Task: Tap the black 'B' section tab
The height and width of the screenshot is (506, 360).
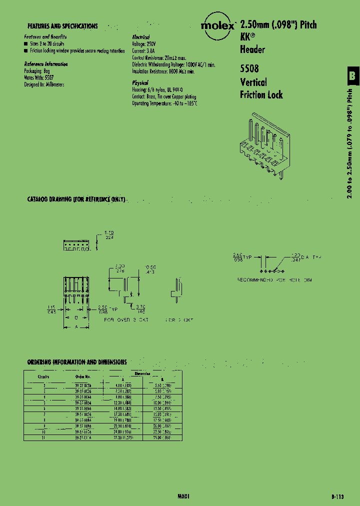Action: click(x=352, y=76)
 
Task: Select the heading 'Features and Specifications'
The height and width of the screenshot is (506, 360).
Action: click(x=62, y=26)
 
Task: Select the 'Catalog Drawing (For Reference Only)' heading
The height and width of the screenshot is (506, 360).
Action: click(x=75, y=199)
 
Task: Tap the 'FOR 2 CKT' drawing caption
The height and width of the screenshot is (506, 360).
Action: click(x=178, y=319)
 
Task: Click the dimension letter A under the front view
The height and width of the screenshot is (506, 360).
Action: click(x=76, y=326)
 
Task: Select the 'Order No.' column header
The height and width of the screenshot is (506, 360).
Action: click(x=83, y=376)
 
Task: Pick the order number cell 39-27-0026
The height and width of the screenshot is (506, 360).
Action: click(x=83, y=385)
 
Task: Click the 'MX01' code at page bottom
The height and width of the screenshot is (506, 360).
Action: click(x=184, y=496)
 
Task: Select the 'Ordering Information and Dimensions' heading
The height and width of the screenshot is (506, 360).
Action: click(x=76, y=361)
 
